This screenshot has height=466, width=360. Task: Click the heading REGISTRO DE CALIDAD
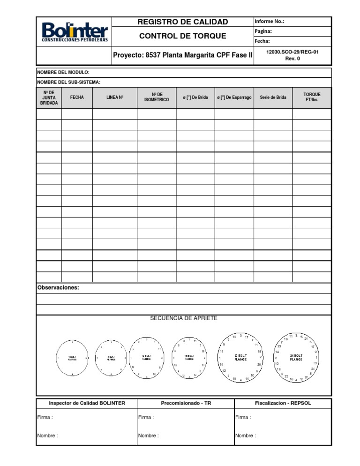click(182, 22)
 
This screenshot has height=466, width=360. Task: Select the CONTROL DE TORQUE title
click(182, 36)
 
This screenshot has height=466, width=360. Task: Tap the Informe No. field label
click(269, 22)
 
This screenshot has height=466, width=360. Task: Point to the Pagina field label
click(263, 31)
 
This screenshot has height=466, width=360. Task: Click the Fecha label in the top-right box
click(262, 41)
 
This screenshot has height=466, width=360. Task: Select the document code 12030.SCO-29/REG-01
click(292, 52)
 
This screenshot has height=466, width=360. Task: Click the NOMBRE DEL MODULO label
click(63, 72)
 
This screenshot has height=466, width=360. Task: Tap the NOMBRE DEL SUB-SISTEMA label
click(69, 83)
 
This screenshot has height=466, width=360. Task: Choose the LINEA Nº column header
click(114, 98)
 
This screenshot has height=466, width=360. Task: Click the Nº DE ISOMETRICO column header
click(157, 98)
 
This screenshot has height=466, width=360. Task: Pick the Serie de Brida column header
click(273, 98)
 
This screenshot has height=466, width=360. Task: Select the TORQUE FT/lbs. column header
click(312, 98)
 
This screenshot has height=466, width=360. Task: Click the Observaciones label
click(58, 288)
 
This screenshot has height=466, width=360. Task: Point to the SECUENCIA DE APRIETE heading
click(184, 318)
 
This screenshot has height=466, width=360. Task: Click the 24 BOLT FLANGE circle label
click(296, 358)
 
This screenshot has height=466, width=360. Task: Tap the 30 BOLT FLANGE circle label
click(240, 358)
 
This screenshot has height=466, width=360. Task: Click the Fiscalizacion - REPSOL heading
click(283, 403)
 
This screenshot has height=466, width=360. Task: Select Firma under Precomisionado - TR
click(146, 417)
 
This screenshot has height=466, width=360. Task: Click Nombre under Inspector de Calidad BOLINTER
click(47, 436)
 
